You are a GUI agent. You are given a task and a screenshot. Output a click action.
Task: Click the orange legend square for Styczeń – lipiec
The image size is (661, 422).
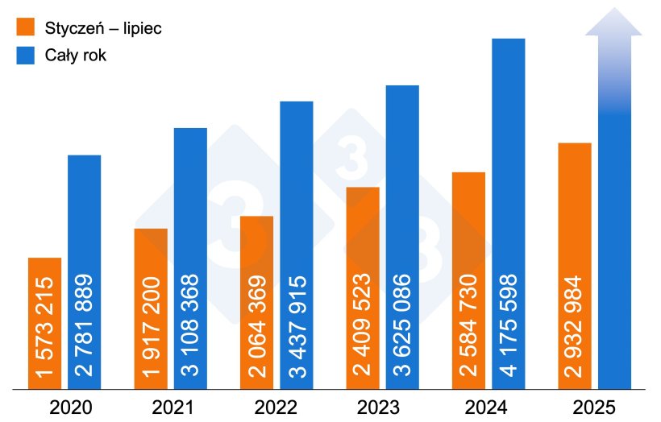26,28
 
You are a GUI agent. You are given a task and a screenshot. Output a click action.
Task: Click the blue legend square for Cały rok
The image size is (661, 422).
26,56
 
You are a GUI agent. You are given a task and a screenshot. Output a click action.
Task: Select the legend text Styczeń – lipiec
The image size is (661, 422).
101,28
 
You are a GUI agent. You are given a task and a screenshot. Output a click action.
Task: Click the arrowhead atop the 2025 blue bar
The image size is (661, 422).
613,23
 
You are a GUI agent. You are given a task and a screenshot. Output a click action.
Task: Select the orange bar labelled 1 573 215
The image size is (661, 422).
44,322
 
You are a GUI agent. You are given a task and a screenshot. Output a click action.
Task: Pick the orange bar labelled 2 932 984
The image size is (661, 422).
575,266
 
